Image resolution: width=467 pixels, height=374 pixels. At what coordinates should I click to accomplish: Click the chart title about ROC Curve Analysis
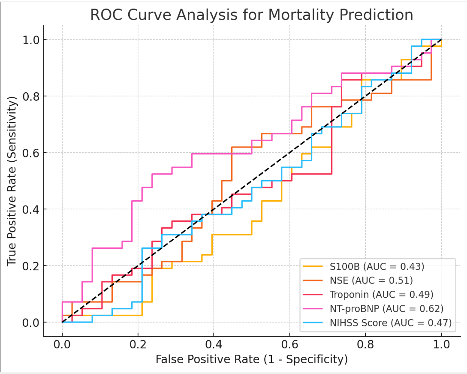coord(251,15)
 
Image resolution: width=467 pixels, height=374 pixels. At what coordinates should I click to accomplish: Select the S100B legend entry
coord(377,266)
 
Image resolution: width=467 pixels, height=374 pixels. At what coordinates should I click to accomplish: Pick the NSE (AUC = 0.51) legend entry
coord(371,280)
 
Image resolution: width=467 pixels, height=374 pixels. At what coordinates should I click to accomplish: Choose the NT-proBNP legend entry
coord(386,308)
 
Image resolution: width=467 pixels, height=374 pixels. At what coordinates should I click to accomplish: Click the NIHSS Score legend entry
coord(391,323)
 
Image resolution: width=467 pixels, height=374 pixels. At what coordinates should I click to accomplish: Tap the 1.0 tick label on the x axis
coord(441,344)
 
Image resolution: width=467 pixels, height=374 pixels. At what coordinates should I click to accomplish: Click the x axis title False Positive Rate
coord(251,359)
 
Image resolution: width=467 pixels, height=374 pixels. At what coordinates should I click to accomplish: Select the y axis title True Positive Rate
coord(12,181)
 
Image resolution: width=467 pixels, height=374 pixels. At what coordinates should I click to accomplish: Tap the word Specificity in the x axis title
coord(315,359)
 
